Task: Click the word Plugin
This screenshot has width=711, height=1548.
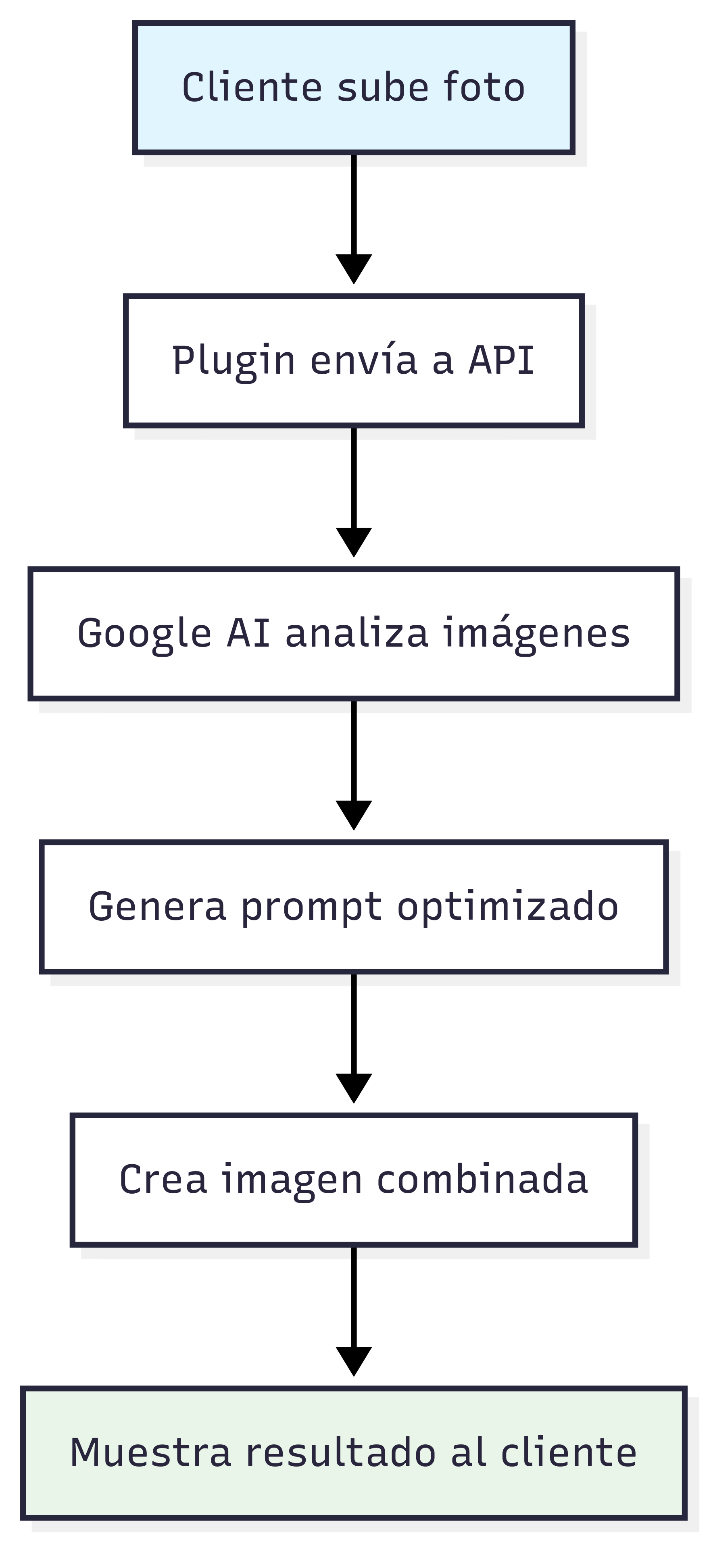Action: tap(233, 361)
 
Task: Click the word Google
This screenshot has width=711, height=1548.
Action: tap(144, 634)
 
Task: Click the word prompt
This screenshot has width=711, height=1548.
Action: tap(311, 907)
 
